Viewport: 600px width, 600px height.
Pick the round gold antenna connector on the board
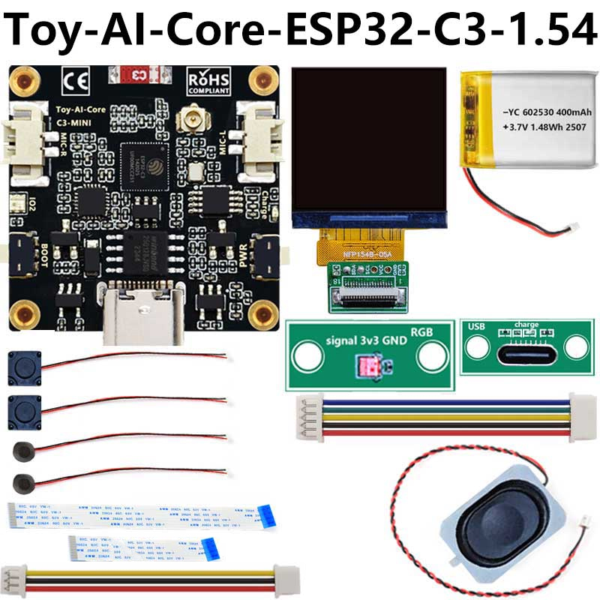[184, 124]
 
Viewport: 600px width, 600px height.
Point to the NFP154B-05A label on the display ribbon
[364, 254]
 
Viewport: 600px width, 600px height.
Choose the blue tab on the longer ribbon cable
[268, 513]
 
